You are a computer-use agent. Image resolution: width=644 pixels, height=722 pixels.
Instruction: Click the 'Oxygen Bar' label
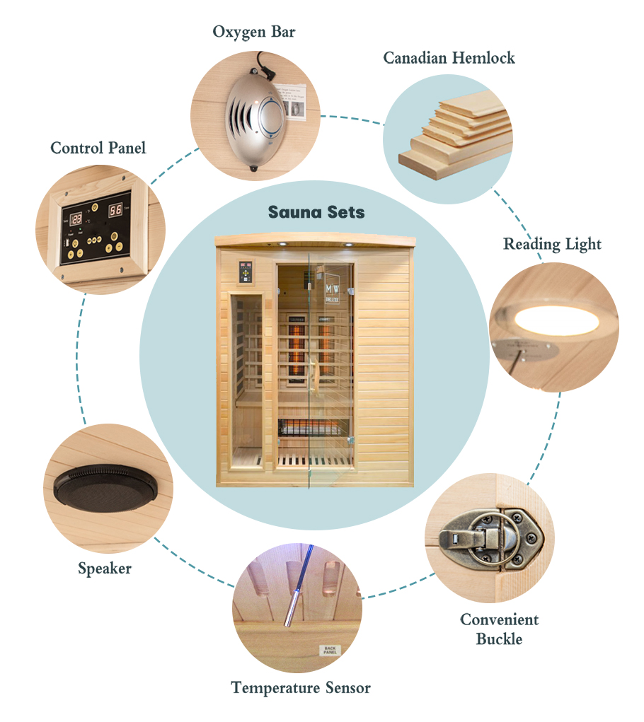click(x=253, y=33)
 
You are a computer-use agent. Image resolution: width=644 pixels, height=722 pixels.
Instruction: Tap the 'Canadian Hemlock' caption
click(x=449, y=58)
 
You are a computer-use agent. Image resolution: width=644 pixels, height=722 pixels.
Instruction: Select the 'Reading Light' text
click(x=552, y=245)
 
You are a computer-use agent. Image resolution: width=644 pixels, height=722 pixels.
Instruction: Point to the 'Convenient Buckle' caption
click(x=499, y=629)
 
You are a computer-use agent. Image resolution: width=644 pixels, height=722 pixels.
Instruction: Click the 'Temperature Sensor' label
click(x=301, y=687)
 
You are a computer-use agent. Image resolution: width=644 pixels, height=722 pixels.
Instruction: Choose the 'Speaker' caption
click(x=105, y=568)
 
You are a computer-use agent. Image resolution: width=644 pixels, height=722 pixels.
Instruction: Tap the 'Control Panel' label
click(x=98, y=149)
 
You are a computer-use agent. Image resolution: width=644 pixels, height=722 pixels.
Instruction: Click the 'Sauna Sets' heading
click(x=316, y=212)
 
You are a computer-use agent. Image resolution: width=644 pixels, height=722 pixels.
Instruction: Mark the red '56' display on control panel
click(x=115, y=209)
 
